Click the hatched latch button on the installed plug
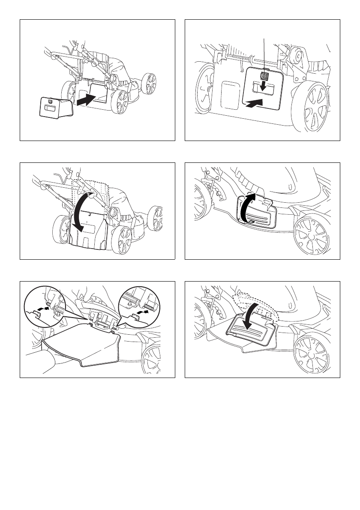[x=264, y=76]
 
